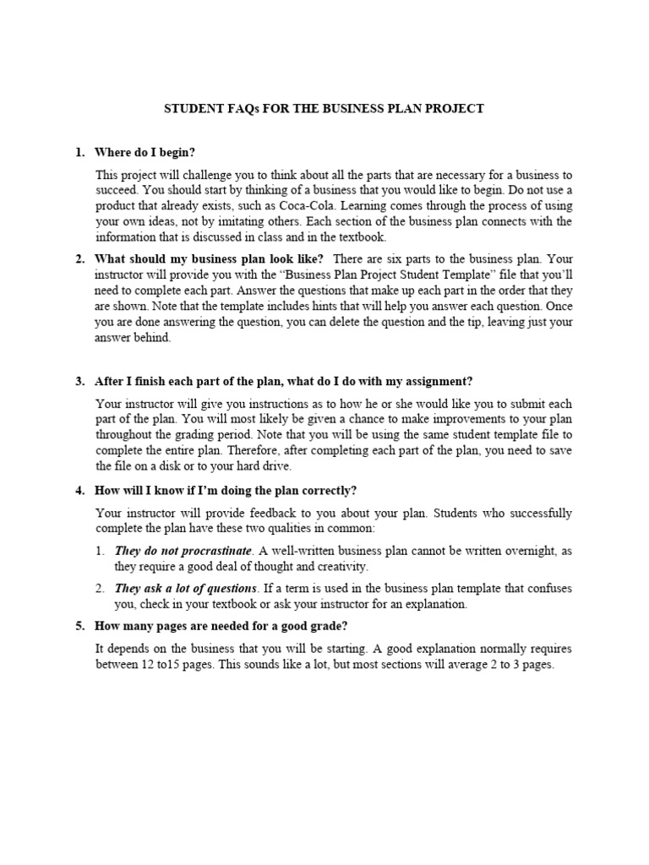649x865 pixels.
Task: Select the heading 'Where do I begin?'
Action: click(x=145, y=153)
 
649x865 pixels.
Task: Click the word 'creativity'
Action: click(x=340, y=566)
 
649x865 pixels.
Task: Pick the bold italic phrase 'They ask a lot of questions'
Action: click(x=186, y=589)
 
